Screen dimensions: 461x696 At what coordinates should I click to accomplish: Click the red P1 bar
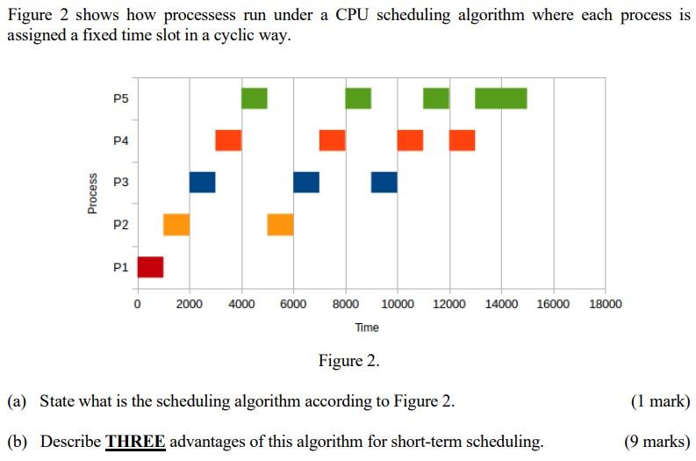click(x=150, y=267)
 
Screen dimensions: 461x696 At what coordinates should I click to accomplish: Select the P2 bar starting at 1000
click(x=176, y=225)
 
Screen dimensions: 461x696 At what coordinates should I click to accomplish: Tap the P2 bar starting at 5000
click(x=280, y=225)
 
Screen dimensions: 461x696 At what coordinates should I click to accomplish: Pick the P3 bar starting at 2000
click(x=202, y=182)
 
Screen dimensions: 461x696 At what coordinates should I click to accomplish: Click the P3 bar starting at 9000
click(x=384, y=182)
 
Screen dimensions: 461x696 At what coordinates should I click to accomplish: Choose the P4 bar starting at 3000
click(x=228, y=140)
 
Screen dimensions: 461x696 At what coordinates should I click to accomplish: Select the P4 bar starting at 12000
click(x=463, y=140)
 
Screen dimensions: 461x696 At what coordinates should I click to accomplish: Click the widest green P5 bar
click(x=501, y=98)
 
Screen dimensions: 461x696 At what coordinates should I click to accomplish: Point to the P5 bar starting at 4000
click(x=255, y=98)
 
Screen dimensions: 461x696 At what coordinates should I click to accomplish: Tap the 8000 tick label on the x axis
click(x=346, y=305)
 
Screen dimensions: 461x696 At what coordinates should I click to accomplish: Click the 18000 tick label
click(x=605, y=305)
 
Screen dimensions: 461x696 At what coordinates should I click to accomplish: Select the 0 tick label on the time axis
click(x=137, y=305)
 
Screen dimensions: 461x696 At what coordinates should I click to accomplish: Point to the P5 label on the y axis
click(x=120, y=98)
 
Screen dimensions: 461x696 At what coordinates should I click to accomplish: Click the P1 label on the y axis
click(x=120, y=267)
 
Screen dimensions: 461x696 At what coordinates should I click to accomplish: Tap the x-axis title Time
click(x=367, y=328)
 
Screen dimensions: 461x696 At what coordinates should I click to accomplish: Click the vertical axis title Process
click(x=92, y=193)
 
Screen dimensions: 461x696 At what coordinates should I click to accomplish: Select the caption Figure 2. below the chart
click(x=348, y=361)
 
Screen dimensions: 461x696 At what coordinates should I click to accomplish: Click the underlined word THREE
click(x=135, y=441)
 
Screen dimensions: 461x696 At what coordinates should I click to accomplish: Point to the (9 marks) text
click(x=657, y=441)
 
